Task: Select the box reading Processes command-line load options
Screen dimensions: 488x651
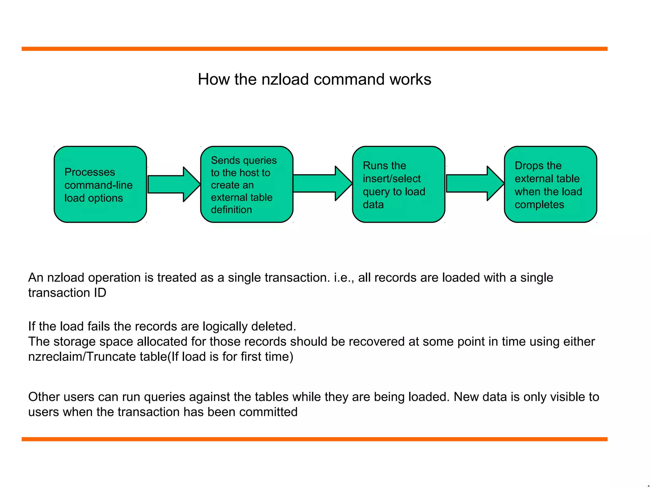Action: [x=100, y=184]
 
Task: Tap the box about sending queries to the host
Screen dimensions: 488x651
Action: [x=246, y=184]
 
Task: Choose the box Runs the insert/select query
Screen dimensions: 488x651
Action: [x=398, y=184]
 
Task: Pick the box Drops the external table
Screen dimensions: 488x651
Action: [x=550, y=184]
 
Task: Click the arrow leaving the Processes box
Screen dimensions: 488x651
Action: [x=174, y=184]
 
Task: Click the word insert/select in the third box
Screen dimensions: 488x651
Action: [x=392, y=179]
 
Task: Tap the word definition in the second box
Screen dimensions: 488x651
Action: [x=231, y=210]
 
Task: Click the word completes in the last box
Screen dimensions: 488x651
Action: [x=539, y=205]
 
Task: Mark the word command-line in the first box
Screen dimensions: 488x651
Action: [x=99, y=185]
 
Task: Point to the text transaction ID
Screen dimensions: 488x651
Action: [x=67, y=293]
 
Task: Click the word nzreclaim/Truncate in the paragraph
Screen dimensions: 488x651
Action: [x=98, y=357]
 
